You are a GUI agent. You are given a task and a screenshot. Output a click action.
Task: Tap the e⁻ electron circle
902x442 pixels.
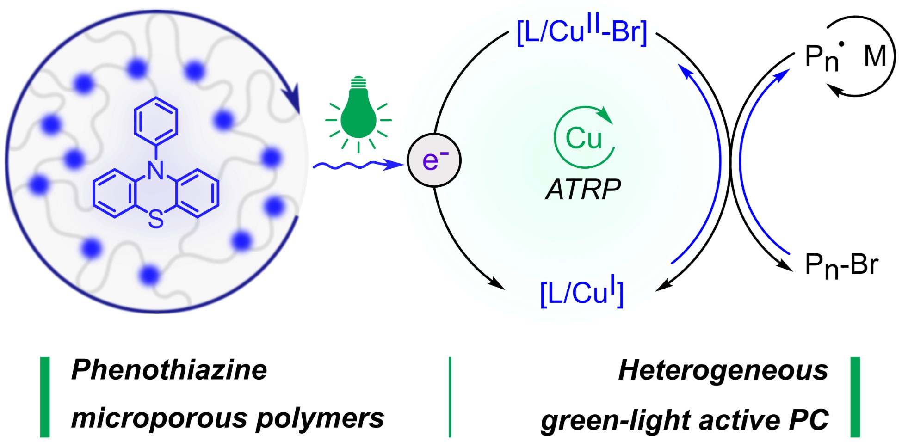434,160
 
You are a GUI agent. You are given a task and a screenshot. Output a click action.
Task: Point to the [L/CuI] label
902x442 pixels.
582,293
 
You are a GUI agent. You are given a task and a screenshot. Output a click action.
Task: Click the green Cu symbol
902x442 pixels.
584,138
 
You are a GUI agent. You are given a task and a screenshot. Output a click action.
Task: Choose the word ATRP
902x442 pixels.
583,190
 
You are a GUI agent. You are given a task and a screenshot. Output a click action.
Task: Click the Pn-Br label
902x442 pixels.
841,265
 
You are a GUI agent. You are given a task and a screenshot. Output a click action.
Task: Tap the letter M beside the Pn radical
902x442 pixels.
874,57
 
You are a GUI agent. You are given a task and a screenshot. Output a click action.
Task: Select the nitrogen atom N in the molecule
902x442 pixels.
156,171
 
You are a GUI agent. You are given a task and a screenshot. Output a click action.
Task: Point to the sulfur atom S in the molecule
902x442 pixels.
156,220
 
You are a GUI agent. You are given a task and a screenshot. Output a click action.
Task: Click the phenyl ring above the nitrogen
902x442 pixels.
156,119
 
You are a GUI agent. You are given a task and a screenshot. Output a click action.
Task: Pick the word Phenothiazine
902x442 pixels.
169,370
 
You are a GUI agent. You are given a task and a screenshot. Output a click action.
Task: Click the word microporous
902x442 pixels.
157,418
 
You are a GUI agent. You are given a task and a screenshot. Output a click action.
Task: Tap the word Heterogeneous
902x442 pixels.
723,370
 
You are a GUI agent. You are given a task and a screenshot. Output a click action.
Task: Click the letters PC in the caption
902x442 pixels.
807,419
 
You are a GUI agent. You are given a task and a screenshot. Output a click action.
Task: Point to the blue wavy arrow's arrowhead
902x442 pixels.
398,164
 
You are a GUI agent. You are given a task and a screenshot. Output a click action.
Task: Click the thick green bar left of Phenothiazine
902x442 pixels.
45,397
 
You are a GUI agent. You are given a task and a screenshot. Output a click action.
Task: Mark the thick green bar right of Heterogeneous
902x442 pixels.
855,397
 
